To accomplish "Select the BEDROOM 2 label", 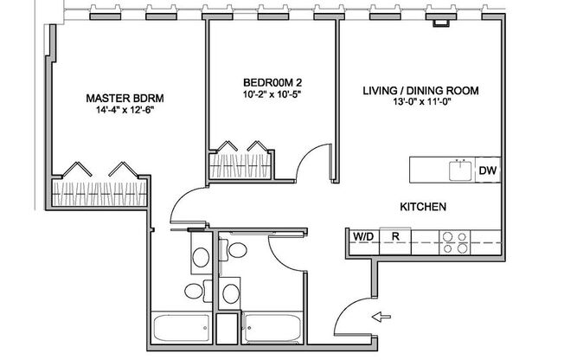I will [x=272, y=83].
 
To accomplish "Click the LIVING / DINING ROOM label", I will [x=420, y=90].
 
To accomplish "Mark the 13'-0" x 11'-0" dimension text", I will [x=420, y=104].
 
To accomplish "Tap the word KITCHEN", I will [x=422, y=208].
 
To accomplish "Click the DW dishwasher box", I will [x=487, y=170].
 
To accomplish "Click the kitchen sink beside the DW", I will [x=459, y=170].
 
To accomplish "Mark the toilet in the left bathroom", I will [x=200, y=257].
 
